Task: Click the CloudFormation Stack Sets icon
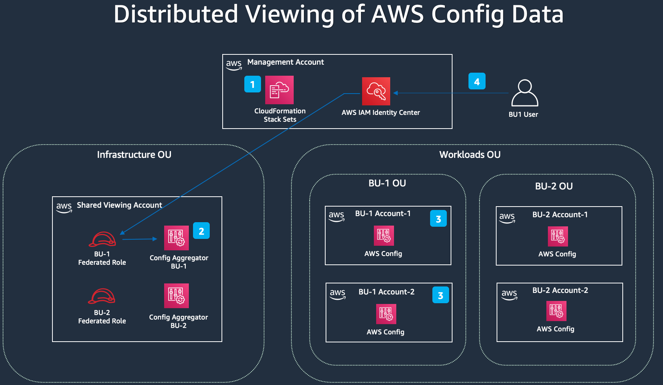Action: (x=279, y=90)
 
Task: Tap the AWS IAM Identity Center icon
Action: (x=376, y=91)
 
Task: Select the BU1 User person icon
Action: (x=524, y=93)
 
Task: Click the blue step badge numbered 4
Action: (x=477, y=81)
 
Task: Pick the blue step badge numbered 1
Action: (x=252, y=84)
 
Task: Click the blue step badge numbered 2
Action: (x=201, y=231)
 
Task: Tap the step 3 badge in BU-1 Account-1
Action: (x=438, y=218)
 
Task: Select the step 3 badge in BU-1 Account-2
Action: (x=440, y=295)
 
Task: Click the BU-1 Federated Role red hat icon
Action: (x=102, y=239)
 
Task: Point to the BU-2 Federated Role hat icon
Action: (x=101, y=296)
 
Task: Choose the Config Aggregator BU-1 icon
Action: (x=176, y=238)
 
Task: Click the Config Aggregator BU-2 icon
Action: (x=176, y=296)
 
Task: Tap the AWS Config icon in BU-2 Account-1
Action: (x=557, y=236)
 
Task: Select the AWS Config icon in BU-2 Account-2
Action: (x=556, y=311)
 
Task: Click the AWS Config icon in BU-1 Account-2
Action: (x=386, y=314)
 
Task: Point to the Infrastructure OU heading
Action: (x=134, y=154)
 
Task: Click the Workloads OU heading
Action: (x=470, y=154)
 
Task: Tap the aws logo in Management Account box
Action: (x=234, y=64)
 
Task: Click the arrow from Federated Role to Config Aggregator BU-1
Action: (x=139, y=239)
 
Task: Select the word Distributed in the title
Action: (x=176, y=14)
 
